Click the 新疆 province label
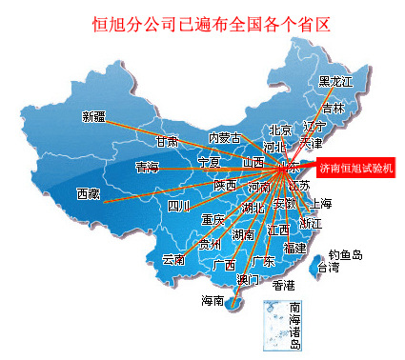pyautogui.click(x=95, y=117)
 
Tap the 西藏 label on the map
pyautogui.click(x=89, y=194)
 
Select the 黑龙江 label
pyautogui.click(x=335, y=82)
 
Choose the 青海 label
pyautogui.click(x=148, y=168)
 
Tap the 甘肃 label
pyautogui.click(x=167, y=141)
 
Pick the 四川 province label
pyautogui.click(x=179, y=206)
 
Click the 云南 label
pyautogui.click(x=173, y=259)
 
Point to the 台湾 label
pyautogui.click(x=328, y=269)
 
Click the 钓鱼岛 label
pyautogui.click(x=346, y=254)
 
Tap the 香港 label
pyautogui.click(x=284, y=285)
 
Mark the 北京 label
pyautogui.click(x=280, y=130)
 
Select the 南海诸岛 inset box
pyautogui.click(x=284, y=324)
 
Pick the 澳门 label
pyautogui.click(x=248, y=279)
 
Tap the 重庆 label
pyautogui.click(x=213, y=220)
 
